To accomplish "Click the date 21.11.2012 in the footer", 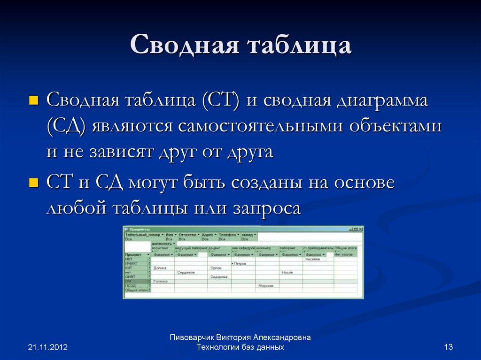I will click(x=48, y=347).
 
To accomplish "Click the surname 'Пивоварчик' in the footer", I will click(x=192, y=337).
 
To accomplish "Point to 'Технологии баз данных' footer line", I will click(x=240, y=347).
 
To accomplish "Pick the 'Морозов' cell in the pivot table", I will click(x=267, y=285).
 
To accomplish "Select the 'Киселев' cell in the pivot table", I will click(x=312, y=259).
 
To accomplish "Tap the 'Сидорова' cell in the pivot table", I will click(x=218, y=276).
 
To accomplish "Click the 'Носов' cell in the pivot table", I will click(x=287, y=272).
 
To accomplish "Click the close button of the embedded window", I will click(x=361, y=229).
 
